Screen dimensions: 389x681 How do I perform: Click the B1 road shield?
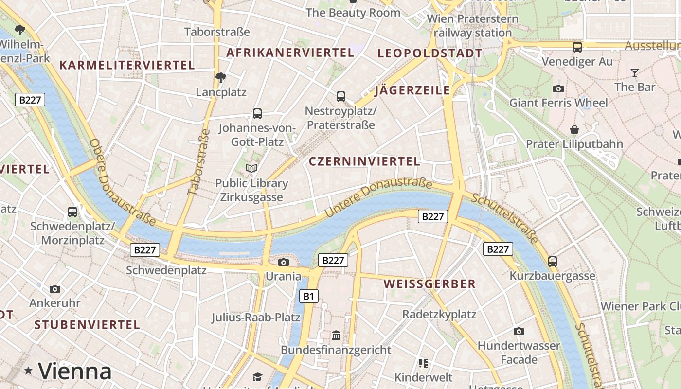(309, 296)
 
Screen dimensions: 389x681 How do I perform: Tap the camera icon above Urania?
(283, 263)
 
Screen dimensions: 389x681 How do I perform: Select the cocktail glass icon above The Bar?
(634, 73)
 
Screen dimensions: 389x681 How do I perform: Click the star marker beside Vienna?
(29, 371)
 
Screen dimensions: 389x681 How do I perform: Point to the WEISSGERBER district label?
(430, 284)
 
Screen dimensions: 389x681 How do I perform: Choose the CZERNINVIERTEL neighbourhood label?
(364, 161)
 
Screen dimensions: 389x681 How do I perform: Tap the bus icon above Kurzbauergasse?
(553, 261)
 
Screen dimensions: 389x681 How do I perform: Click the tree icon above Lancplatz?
(221, 78)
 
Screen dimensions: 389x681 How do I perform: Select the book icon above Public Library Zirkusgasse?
(251, 169)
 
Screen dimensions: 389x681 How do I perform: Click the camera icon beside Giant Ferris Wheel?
(558, 88)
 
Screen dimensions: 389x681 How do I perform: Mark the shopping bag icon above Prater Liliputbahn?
(574, 130)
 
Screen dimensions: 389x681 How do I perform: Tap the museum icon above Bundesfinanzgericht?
(336, 336)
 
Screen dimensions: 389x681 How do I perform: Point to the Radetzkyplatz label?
(439, 314)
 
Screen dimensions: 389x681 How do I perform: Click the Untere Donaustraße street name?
(378, 197)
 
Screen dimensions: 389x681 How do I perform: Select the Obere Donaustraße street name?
(123, 183)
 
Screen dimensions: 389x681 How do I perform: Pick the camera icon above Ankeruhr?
(55, 289)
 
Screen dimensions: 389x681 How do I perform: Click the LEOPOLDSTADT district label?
(430, 53)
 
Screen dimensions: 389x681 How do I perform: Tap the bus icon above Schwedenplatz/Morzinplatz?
(72, 212)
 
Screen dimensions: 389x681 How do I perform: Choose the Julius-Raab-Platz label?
(255, 318)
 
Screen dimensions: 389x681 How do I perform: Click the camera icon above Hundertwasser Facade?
(519, 332)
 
